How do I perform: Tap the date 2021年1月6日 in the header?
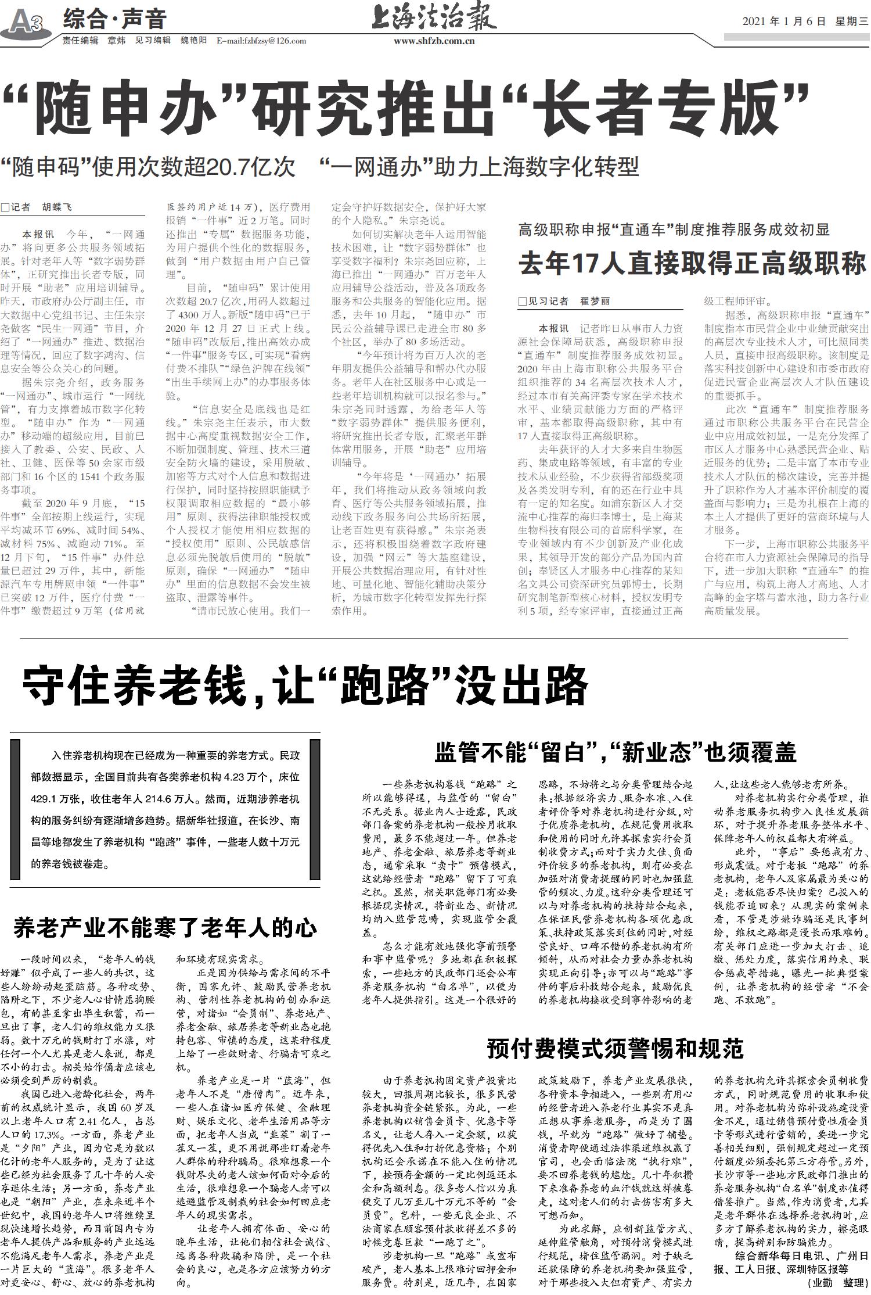tap(784, 21)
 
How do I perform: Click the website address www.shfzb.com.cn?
tap(434, 41)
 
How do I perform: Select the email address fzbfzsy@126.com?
tap(261, 41)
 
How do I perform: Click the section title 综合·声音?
tap(114, 19)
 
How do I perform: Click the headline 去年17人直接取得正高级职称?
tap(692, 264)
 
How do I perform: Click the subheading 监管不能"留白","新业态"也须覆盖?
tap(615, 754)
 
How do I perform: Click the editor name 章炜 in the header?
tap(117, 41)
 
